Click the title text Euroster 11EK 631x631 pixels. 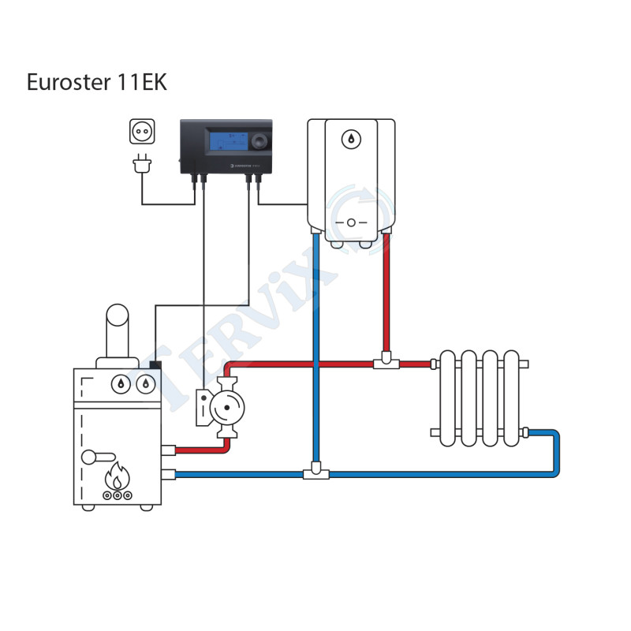(97, 83)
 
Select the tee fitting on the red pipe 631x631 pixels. (386, 364)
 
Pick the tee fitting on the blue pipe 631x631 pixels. (315, 473)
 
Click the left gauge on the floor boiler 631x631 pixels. (121, 384)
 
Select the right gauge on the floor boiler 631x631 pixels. (144, 384)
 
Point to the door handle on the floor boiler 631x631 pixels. (99, 455)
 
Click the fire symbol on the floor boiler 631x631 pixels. (118, 477)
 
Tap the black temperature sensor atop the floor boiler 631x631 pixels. (155, 366)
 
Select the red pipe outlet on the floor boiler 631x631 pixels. (168, 451)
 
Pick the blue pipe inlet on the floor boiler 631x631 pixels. (168, 474)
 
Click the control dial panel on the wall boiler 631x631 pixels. (351, 222)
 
